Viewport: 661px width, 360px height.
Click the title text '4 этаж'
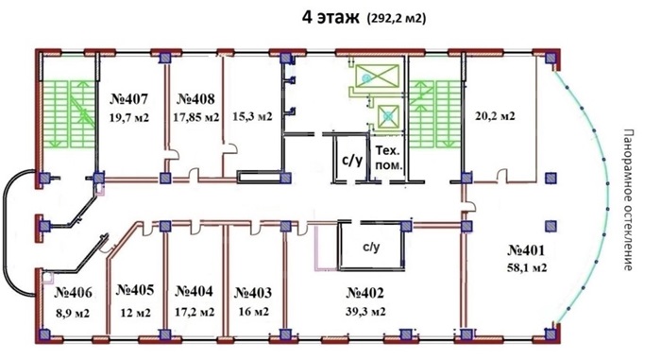(330, 18)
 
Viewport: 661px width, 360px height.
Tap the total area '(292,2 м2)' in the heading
(397, 19)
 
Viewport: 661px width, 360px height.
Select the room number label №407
(129, 99)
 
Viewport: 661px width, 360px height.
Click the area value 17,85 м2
(196, 117)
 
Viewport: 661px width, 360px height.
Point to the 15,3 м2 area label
(252, 116)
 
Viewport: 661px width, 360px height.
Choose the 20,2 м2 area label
(496, 115)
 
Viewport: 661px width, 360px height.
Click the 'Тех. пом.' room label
(388, 158)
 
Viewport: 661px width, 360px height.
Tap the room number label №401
(526, 250)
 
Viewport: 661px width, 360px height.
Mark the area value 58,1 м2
(527, 267)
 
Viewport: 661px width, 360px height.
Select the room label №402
(365, 293)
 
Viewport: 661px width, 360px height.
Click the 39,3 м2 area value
(365, 312)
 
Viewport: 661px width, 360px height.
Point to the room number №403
(253, 293)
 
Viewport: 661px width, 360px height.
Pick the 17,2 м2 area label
(195, 312)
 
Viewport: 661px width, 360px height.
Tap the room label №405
(135, 290)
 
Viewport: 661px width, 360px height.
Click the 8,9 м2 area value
(73, 314)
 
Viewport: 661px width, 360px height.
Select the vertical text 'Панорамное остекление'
(628, 200)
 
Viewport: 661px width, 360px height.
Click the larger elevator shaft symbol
(378, 76)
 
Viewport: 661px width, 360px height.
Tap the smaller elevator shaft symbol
(388, 115)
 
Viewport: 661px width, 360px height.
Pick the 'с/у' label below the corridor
(371, 247)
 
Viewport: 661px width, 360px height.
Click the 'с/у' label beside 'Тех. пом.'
(352, 161)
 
